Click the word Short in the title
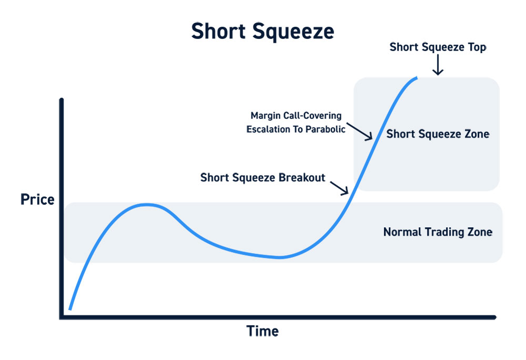[x=217, y=31]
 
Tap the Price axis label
[x=37, y=200]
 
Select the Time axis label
[x=262, y=331]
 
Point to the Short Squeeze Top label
[x=438, y=47]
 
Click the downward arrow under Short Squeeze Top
[x=438, y=66]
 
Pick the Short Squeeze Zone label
[x=438, y=134]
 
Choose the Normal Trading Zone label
[x=438, y=232]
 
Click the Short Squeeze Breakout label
[x=263, y=177]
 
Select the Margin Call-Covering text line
[x=296, y=116]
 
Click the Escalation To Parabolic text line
[x=296, y=128]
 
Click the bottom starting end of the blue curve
[x=70, y=308]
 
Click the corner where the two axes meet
[x=62, y=317]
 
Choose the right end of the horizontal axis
[x=494, y=317]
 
